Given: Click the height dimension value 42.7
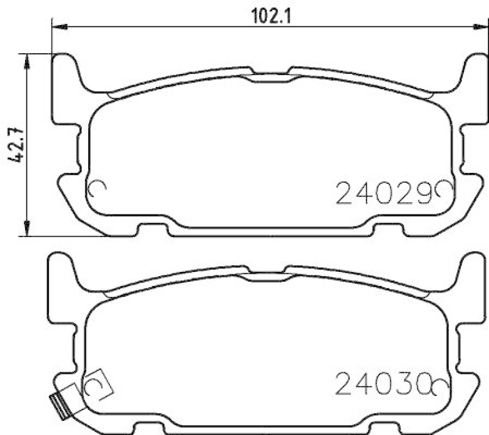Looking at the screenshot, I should coord(16,144).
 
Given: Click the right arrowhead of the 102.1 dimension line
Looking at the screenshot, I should coord(474,26).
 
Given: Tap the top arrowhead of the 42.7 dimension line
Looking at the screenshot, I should coord(26,59).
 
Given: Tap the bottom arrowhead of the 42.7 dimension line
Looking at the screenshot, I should coord(26,230).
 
